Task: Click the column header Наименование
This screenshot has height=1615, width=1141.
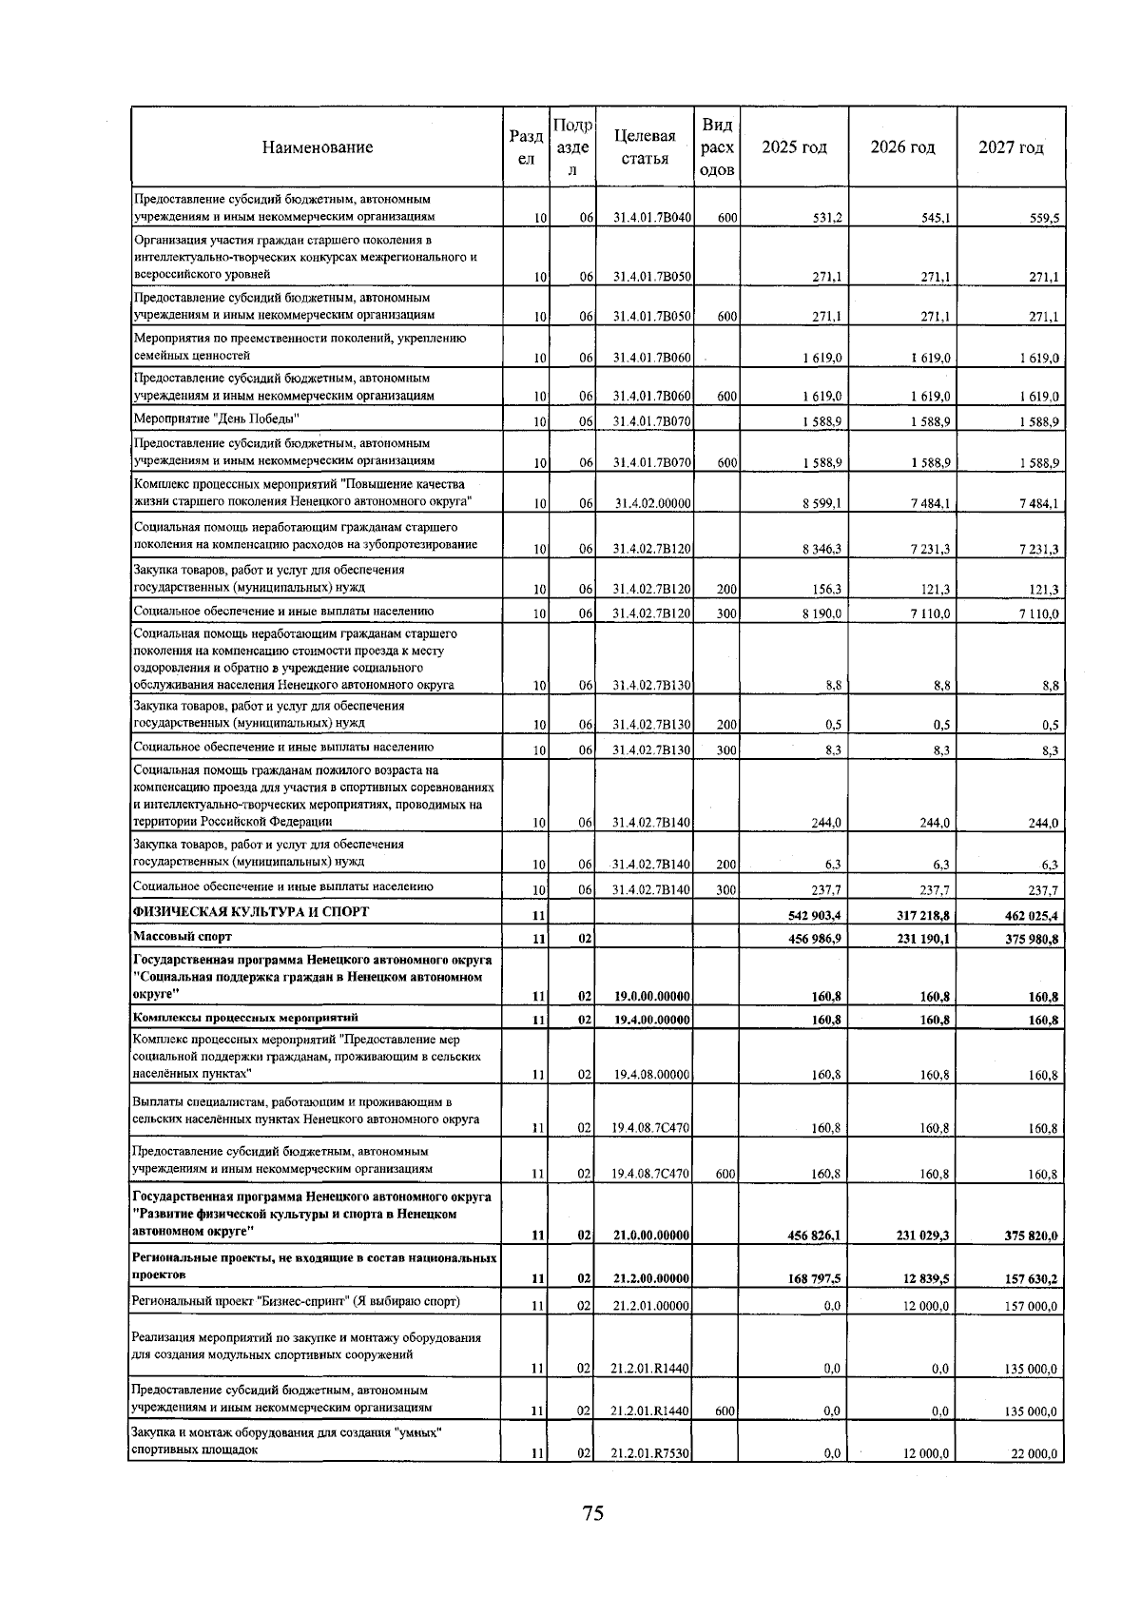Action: (318, 147)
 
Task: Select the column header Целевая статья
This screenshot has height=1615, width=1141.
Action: (645, 147)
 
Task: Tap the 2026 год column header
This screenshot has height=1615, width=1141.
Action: (902, 147)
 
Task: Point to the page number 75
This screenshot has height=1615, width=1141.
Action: (593, 1513)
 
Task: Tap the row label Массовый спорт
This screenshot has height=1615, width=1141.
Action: (183, 937)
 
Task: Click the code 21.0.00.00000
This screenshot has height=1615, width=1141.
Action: (651, 1236)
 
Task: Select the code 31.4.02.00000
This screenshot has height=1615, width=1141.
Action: (651, 504)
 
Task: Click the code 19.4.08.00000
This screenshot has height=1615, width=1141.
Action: (651, 1076)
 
